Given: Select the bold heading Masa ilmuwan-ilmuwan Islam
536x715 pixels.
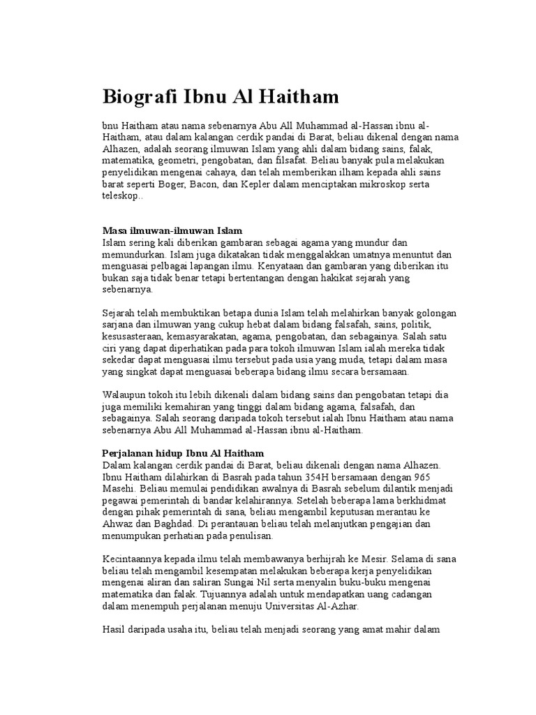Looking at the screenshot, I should [172, 230].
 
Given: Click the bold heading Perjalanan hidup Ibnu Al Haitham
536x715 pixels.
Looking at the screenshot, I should [183, 453].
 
